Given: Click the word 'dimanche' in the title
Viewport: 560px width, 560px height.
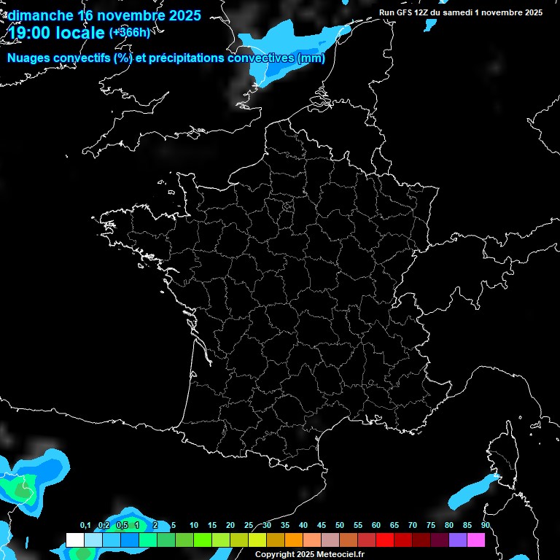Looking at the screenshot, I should (40, 15).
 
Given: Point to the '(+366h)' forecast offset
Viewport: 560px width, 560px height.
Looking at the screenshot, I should (130, 33).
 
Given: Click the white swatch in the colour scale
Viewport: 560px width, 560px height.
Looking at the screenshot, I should (75, 540).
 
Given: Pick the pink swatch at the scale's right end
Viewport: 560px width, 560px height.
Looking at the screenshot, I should (476, 540).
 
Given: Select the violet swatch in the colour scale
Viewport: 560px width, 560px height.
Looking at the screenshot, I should (458, 540).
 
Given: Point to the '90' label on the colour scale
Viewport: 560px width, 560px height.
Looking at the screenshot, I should (485, 526).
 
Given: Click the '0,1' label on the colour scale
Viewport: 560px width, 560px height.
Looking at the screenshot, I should (85, 526).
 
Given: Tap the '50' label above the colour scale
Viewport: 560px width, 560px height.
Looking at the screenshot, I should (340, 526).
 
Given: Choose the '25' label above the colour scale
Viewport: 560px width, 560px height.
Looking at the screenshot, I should (249, 526).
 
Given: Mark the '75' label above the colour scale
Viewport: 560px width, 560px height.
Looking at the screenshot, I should (431, 526).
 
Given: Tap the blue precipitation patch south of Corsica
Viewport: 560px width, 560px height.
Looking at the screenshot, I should (470, 491).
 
